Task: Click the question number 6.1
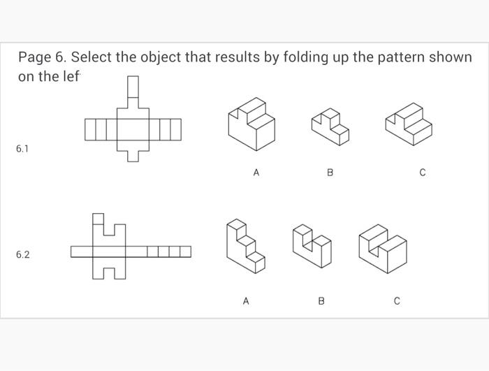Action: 22,149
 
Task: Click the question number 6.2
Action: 22,255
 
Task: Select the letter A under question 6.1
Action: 256,172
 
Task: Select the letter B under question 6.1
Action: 330,172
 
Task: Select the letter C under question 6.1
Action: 423,172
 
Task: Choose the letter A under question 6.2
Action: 245,301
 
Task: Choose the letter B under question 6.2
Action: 321,301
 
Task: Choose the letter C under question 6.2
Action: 397,301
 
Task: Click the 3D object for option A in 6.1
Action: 251,124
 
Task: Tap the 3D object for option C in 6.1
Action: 409,124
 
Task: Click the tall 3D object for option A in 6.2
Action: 245,245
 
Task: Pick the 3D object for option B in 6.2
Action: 312,247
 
